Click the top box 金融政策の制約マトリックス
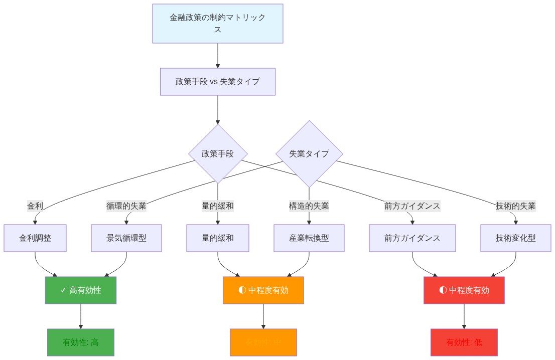point(218,24)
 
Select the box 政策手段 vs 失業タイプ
point(218,81)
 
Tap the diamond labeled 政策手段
point(218,154)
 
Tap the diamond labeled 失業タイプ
point(309,154)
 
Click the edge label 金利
point(35,206)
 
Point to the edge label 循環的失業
point(126,206)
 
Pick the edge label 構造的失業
point(309,206)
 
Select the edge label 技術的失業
point(515,206)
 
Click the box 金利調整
point(35,238)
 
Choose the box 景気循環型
point(126,238)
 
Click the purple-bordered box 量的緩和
point(218,238)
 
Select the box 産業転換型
point(309,238)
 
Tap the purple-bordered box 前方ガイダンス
point(412,238)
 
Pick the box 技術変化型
point(515,238)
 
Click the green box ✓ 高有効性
point(81,290)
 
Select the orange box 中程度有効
point(263,290)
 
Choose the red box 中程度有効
point(464,290)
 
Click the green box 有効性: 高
point(81,342)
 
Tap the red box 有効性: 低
point(464,342)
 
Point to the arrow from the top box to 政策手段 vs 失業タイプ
point(218,55)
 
